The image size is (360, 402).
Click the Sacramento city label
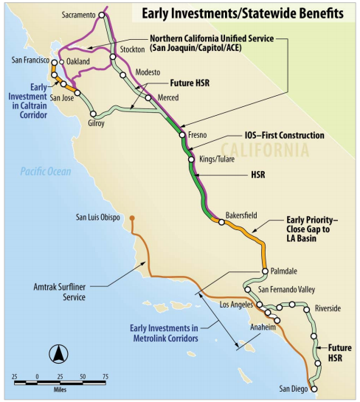coord(80,13)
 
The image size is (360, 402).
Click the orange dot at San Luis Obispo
coord(131,218)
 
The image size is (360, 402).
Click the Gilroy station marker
coord(94,114)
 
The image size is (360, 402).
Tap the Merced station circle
coord(148,97)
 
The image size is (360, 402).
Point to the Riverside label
coord(328,308)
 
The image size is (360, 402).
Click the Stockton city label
coord(133,49)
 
